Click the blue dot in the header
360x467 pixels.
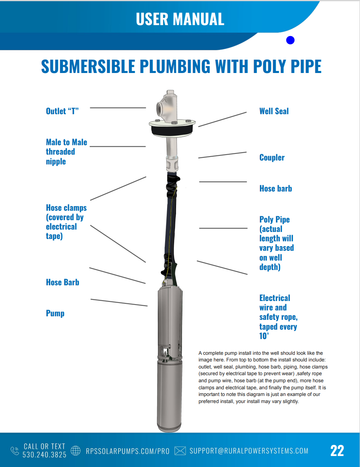pyautogui.click(x=290, y=40)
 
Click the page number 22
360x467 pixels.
pyautogui.click(x=337, y=451)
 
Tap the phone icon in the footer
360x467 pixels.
pyautogui.click(x=15, y=451)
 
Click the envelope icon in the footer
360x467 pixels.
pyautogui.click(x=180, y=451)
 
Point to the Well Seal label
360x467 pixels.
pyautogui.click(x=274, y=111)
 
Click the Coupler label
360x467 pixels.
pyautogui.click(x=272, y=157)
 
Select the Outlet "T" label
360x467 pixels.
pyautogui.click(x=62, y=111)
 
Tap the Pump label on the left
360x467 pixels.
pyautogui.click(x=55, y=313)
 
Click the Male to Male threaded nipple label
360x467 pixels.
pyautogui.click(x=66, y=151)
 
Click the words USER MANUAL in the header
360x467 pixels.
pyautogui.click(x=180, y=19)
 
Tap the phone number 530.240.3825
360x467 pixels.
pyautogui.click(x=44, y=455)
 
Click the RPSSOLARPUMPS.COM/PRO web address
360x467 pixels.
pyautogui.click(x=127, y=451)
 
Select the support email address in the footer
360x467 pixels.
pyautogui.click(x=249, y=451)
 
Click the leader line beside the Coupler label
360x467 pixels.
pyautogui.click(x=222, y=155)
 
